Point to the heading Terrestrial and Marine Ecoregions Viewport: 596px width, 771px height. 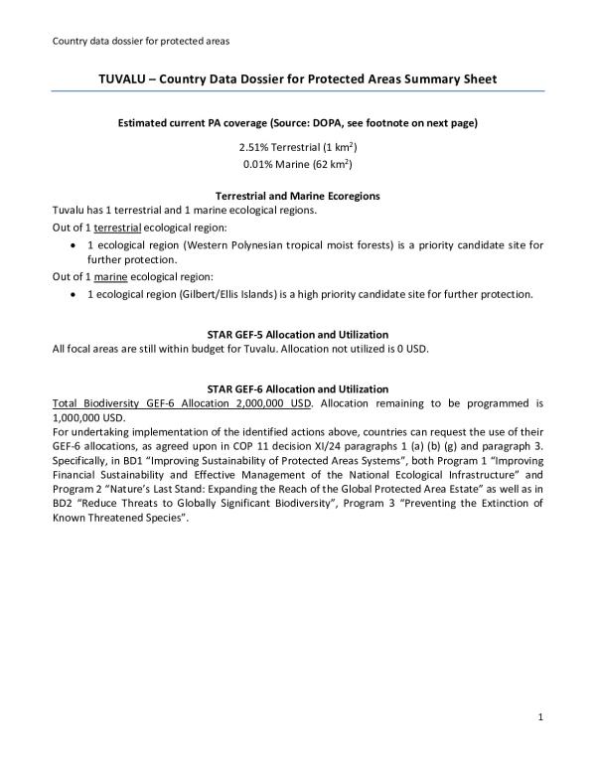297,197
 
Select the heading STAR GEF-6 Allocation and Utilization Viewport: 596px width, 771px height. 297,388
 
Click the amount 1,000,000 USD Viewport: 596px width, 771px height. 83,418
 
